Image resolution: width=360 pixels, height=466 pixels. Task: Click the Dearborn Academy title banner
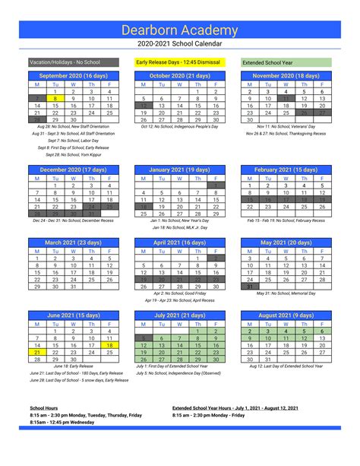(x=179, y=29)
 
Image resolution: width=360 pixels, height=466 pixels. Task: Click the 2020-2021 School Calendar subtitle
(x=180, y=45)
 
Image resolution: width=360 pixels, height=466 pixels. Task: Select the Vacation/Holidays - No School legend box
(x=73, y=62)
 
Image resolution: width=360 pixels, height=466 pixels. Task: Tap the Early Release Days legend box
(x=179, y=62)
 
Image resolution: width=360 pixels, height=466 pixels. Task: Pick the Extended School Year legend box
(x=286, y=62)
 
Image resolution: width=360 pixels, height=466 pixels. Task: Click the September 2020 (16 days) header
(x=74, y=76)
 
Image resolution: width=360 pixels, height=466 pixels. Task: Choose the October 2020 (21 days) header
(x=179, y=76)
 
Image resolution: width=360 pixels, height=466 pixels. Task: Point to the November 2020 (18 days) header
(x=286, y=76)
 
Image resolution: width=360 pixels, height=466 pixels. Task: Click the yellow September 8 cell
(x=55, y=99)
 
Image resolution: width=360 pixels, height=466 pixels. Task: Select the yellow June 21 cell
(x=37, y=352)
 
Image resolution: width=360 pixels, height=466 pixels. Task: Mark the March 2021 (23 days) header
(x=74, y=243)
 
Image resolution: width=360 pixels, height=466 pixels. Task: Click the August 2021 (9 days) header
(x=286, y=314)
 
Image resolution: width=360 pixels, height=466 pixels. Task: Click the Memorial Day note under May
(x=286, y=293)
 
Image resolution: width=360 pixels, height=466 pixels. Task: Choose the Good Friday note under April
(x=179, y=293)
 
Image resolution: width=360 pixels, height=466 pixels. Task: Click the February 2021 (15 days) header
(x=286, y=170)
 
